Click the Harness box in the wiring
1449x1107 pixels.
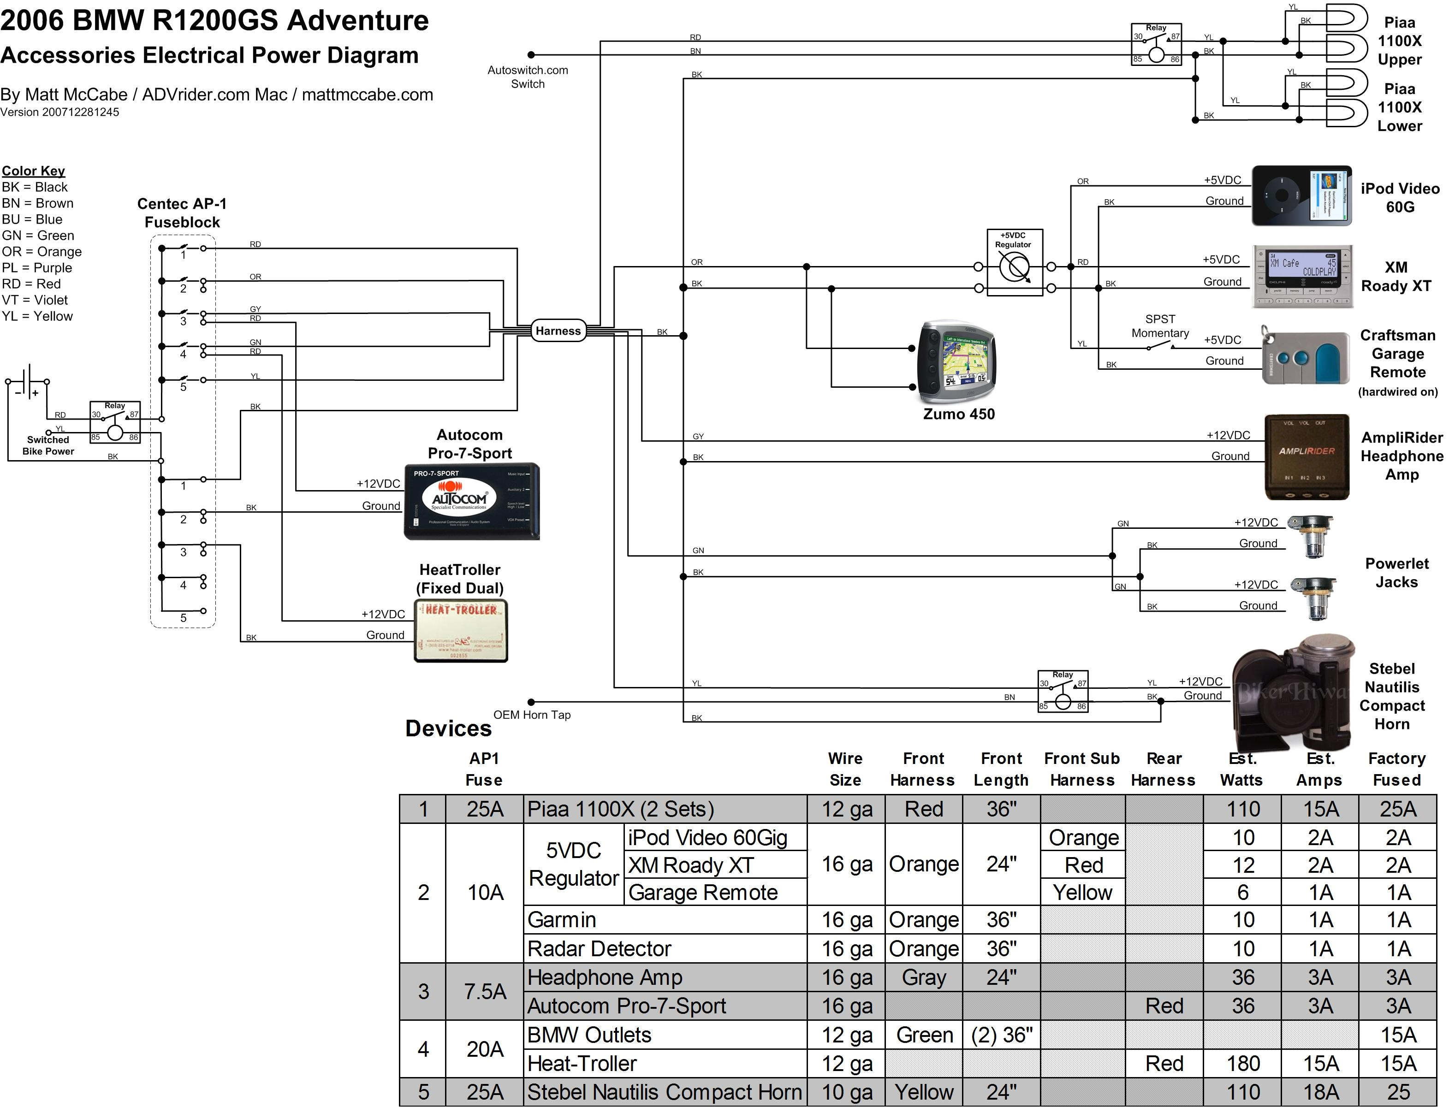558,331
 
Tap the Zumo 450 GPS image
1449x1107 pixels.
957,362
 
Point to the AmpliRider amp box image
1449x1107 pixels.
1306,456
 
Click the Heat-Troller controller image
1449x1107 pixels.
461,629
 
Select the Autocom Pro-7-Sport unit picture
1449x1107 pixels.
471,502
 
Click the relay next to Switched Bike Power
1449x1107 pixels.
115,422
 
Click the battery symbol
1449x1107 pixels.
28,381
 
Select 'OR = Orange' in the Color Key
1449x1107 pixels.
42,252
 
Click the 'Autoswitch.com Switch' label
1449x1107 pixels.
527,77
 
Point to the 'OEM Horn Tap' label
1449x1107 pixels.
532,715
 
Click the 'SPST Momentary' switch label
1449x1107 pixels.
1160,326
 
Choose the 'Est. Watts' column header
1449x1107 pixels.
1241,769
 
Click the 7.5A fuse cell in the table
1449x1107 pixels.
485,992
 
